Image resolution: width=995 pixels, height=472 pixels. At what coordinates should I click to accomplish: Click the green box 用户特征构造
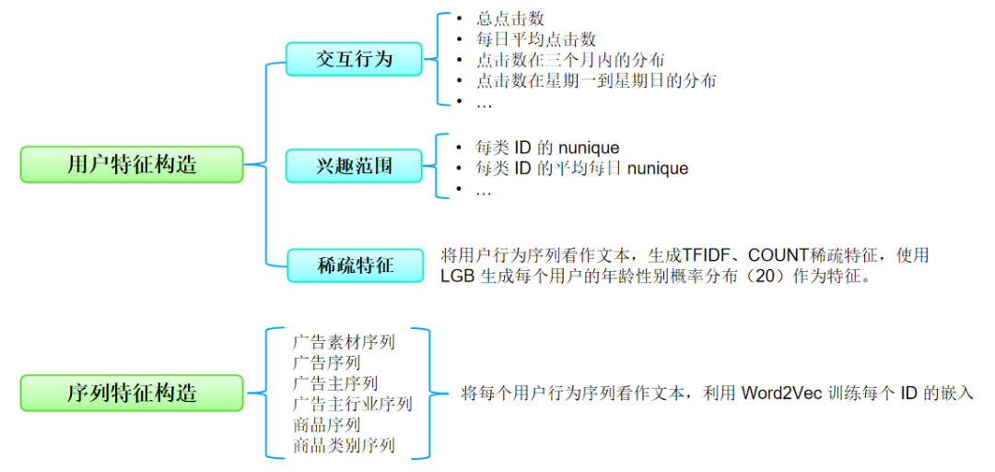pyautogui.click(x=132, y=164)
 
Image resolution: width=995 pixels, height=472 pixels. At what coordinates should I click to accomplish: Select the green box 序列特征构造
pyautogui.click(x=132, y=394)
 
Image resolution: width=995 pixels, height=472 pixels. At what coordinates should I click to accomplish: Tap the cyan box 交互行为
pyautogui.click(x=355, y=59)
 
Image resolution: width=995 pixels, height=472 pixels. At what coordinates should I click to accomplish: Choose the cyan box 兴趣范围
pyautogui.click(x=355, y=167)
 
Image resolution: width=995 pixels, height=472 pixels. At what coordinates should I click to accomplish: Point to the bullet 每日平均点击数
pyautogui.click(x=536, y=40)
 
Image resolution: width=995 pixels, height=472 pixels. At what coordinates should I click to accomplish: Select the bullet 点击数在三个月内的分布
pyautogui.click(x=570, y=60)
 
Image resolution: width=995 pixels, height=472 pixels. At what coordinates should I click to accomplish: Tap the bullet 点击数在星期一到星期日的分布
pyautogui.click(x=596, y=81)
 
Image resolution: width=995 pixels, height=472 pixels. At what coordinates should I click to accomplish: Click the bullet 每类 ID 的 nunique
pyautogui.click(x=547, y=147)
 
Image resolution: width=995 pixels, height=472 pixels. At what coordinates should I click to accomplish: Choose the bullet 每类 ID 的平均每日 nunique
pyautogui.click(x=581, y=169)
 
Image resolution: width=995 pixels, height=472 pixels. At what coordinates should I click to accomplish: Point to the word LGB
pyautogui.click(x=457, y=277)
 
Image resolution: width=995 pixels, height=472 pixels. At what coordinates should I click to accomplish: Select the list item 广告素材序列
pyautogui.click(x=344, y=342)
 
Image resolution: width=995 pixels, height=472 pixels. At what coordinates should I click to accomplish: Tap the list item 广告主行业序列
pyautogui.click(x=352, y=405)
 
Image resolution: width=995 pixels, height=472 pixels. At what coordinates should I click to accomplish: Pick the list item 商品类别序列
pyautogui.click(x=344, y=446)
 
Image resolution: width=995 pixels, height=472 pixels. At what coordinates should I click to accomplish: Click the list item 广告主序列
pyautogui.click(x=334, y=383)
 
